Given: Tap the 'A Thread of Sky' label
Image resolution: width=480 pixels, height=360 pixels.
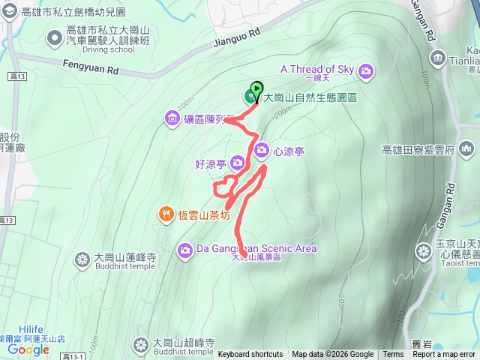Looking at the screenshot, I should [316, 69].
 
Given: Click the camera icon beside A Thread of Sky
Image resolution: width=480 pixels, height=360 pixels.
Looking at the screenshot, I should [366, 71].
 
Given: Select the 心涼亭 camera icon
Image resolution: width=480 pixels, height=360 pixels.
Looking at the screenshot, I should [262, 151].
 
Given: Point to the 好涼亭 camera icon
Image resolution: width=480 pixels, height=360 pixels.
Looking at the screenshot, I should [238, 162].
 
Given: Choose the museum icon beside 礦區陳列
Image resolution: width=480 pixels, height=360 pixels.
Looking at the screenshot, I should [172, 118].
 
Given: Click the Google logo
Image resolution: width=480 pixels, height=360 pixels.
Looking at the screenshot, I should [28, 349].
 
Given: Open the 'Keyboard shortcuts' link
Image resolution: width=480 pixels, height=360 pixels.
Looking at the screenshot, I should [250, 355].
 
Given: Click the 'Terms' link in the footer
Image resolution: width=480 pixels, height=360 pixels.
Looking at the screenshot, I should [393, 355].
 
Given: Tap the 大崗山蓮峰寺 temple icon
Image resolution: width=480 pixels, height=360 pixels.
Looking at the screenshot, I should [82, 260].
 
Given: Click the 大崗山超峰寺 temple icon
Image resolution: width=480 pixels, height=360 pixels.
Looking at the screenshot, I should [141, 345].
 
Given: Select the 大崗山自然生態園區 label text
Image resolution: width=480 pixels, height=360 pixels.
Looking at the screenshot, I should [310, 97].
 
